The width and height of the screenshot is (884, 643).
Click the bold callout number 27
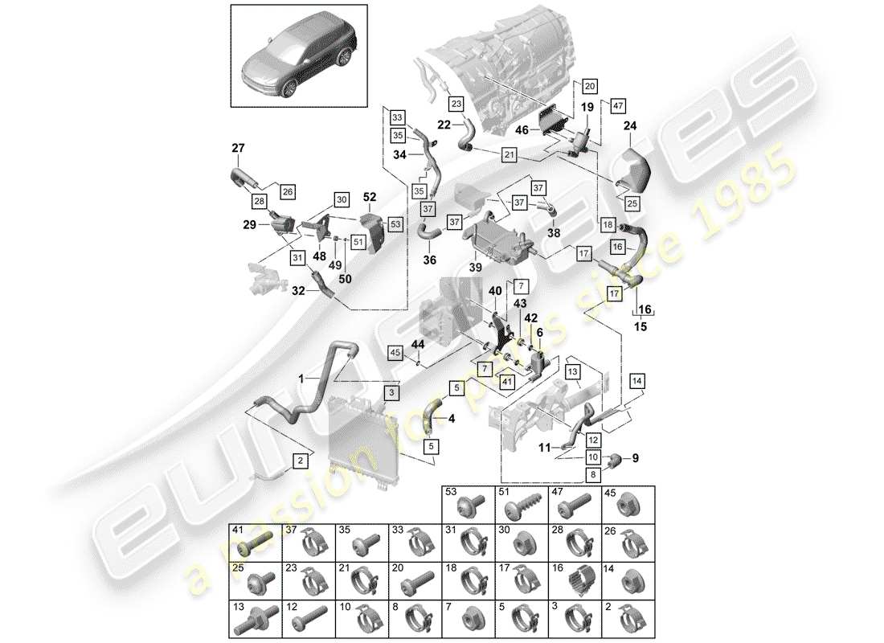[237, 148]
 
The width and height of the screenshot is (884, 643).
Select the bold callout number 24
[629, 125]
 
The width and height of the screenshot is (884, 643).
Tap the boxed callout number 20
[589, 86]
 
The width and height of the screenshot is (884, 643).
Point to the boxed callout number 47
[617, 105]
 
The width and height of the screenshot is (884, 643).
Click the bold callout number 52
[370, 196]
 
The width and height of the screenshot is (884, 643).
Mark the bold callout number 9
[634, 459]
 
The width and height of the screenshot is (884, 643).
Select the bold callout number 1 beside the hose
[302, 378]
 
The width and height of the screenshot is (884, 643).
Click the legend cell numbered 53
[468, 504]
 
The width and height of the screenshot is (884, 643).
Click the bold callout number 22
[444, 125]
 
